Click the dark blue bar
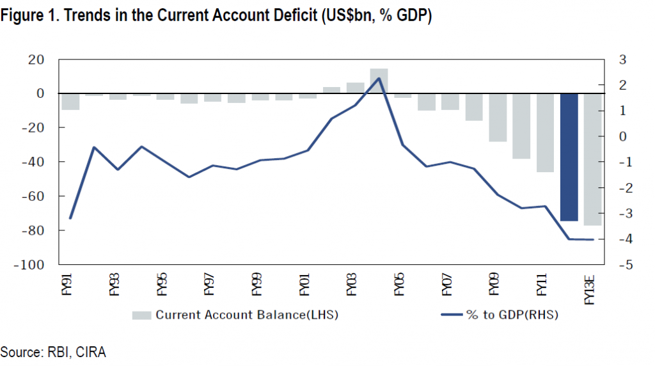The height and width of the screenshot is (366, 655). click(569, 157)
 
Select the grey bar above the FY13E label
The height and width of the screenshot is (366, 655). click(592, 159)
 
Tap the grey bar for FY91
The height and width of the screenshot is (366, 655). click(70, 101)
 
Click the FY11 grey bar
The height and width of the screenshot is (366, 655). click(545, 132)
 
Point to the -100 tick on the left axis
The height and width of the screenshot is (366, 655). click(30, 264)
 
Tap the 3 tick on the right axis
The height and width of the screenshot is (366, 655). click(622, 60)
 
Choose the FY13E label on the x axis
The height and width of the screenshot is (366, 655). click(589, 289)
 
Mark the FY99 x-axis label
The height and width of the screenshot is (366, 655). click(257, 286)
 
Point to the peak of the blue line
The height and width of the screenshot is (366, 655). click(379, 78)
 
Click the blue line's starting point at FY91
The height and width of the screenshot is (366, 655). click(70, 218)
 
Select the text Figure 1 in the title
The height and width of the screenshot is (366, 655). click(26, 15)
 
